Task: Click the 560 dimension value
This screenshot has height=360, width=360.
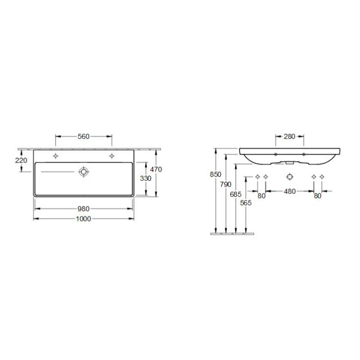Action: tap(83, 136)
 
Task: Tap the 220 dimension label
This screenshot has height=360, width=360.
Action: tap(21, 160)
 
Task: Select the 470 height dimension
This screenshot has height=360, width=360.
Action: tap(156, 169)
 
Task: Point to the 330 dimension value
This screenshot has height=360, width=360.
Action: tap(145, 178)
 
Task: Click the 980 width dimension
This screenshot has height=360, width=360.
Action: tap(83, 209)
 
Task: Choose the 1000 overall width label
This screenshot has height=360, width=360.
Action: tap(83, 219)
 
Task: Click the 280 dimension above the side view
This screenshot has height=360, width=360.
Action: tap(289, 136)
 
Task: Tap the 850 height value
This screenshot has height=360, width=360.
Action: tap(215, 174)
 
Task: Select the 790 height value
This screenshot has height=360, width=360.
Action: tap(225, 184)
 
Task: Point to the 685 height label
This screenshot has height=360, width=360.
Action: tap(236, 194)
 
